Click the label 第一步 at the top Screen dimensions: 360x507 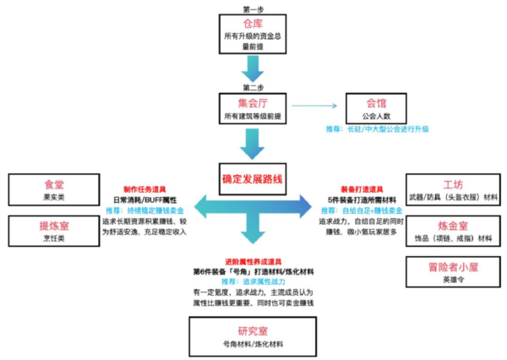pos(253,8)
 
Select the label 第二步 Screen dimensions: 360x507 pos(253,87)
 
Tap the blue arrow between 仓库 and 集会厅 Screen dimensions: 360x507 pos(253,69)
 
